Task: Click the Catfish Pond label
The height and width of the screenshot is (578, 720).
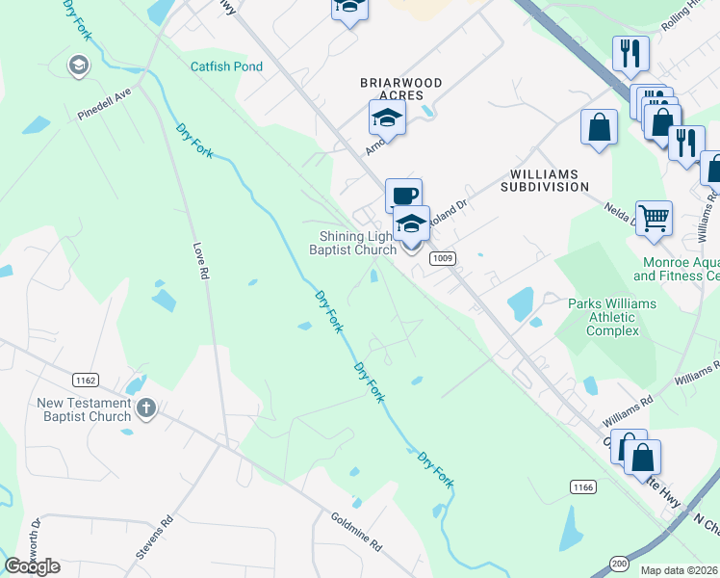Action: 225,66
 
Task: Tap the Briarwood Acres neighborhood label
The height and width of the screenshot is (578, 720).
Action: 400,90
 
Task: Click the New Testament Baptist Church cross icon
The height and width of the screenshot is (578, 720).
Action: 146,407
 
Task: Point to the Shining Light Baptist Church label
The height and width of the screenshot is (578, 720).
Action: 352,244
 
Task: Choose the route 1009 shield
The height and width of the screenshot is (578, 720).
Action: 443,257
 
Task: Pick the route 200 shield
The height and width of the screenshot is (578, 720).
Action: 619,562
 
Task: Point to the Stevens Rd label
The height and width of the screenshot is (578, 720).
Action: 154,538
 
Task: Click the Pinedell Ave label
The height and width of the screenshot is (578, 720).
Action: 104,105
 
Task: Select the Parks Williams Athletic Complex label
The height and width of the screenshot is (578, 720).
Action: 611,317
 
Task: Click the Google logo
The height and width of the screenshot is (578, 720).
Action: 32,565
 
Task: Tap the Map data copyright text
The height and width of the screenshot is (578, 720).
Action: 680,570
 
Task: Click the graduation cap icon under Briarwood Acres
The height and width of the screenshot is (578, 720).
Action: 386,118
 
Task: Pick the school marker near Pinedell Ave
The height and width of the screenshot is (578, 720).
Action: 77,66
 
